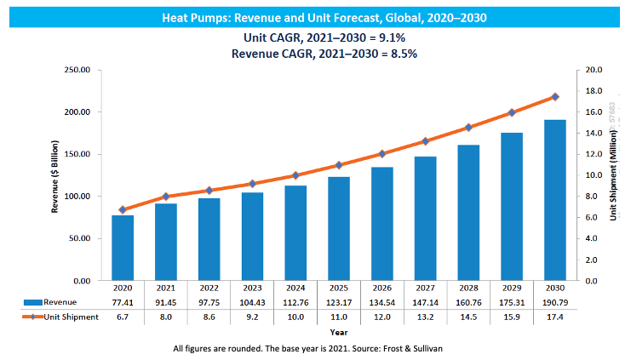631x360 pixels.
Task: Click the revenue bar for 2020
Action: pyautogui.click(x=123, y=248)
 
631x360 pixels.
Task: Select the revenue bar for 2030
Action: pyautogui.click(x=555, y=200)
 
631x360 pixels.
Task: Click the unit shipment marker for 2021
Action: pyautogui.click(x=166, y=197)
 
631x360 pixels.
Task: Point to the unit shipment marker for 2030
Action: pyautogui.click(x=555, y=97)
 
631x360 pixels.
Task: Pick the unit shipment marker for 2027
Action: pyautogui.click(x=426, y=141)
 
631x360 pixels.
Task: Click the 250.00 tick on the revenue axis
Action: pyautogui.click(x=77, y=70)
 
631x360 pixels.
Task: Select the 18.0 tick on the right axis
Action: pyautogui.click(x=594, y=91)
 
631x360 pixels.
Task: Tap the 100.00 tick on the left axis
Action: pyautogui.click(x=77, y=197)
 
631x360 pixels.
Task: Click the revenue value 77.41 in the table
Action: pyautogui.click(x=123, y=301)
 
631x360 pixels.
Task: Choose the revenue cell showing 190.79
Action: pyautogui.click(x=555, y=301)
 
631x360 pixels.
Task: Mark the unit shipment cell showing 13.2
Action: pyautogui.click(x=426, y=317)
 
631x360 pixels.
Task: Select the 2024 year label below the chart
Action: pyautogui.click(x=295, y=288)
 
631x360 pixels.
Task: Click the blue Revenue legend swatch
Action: pyautogui.click(x=32, y=302)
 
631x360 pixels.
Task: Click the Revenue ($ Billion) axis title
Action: pyautogui.click(x=56, y=174)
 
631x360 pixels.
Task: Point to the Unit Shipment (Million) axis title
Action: pyautogui.click(x=613, y=174)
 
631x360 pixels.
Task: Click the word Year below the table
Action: pyautogui.click(x=339, y=332)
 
